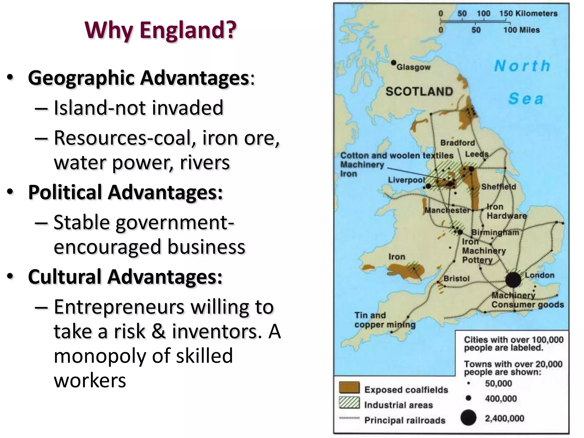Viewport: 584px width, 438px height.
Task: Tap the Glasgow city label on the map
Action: coord(413,67)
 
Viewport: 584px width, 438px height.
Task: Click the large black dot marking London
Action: coord(513,279)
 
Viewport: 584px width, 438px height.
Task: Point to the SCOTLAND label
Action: coord(419,92)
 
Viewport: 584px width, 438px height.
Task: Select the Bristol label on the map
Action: coord(456,278)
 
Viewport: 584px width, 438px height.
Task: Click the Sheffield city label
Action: coord(498,187)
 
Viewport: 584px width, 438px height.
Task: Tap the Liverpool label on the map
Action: coord(406,180)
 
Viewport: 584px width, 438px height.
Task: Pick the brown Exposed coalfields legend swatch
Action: coord(349,388)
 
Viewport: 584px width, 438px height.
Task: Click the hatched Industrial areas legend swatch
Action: coord(349,403)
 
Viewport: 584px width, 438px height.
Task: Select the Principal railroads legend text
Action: coord(405,420)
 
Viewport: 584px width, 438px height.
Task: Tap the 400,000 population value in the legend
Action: coord(501,398)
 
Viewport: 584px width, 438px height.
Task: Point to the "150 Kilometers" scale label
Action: coord(528,13)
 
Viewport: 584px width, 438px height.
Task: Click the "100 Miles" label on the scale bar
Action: coord(521,30)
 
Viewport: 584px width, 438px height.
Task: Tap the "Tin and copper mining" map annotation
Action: coord(385,320)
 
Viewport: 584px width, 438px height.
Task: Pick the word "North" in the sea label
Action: coord(522,66)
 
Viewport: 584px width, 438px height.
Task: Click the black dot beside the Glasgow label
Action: coord(394,62)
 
